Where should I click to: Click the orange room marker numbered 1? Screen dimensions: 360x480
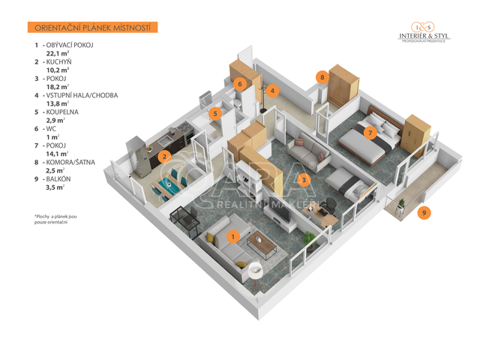233,237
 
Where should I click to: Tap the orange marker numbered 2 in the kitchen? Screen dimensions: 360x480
163,157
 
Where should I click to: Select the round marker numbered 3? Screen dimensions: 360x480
303,179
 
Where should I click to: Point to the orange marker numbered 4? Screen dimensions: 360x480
273,91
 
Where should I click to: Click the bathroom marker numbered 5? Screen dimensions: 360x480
214,115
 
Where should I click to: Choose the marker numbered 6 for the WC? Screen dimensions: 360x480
240,84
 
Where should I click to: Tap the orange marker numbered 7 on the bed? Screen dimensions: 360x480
369,133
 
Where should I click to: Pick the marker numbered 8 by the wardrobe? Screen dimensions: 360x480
322,77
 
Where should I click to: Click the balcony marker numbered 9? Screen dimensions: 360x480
424,212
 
